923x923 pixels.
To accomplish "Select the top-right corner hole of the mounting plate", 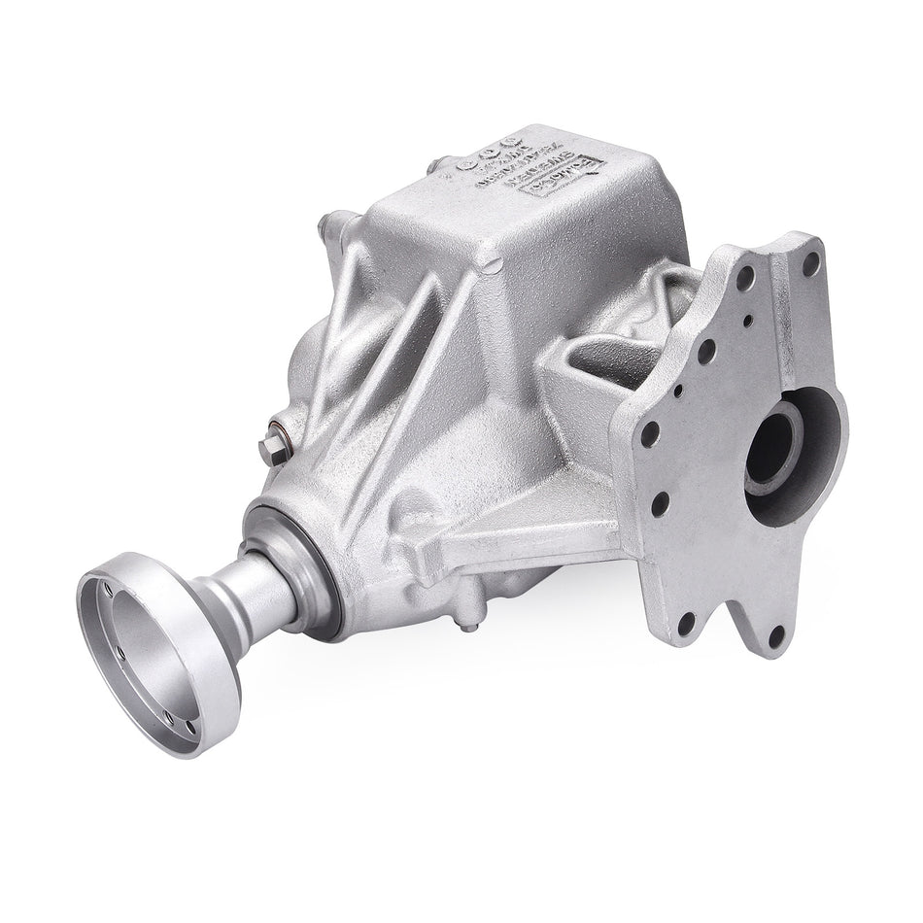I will (x=809, y=261).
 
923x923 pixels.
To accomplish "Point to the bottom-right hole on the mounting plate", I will (x=776, y=635).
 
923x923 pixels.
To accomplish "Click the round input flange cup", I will (x=155, y=650).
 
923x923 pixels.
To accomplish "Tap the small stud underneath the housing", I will (x=470, y=622).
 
